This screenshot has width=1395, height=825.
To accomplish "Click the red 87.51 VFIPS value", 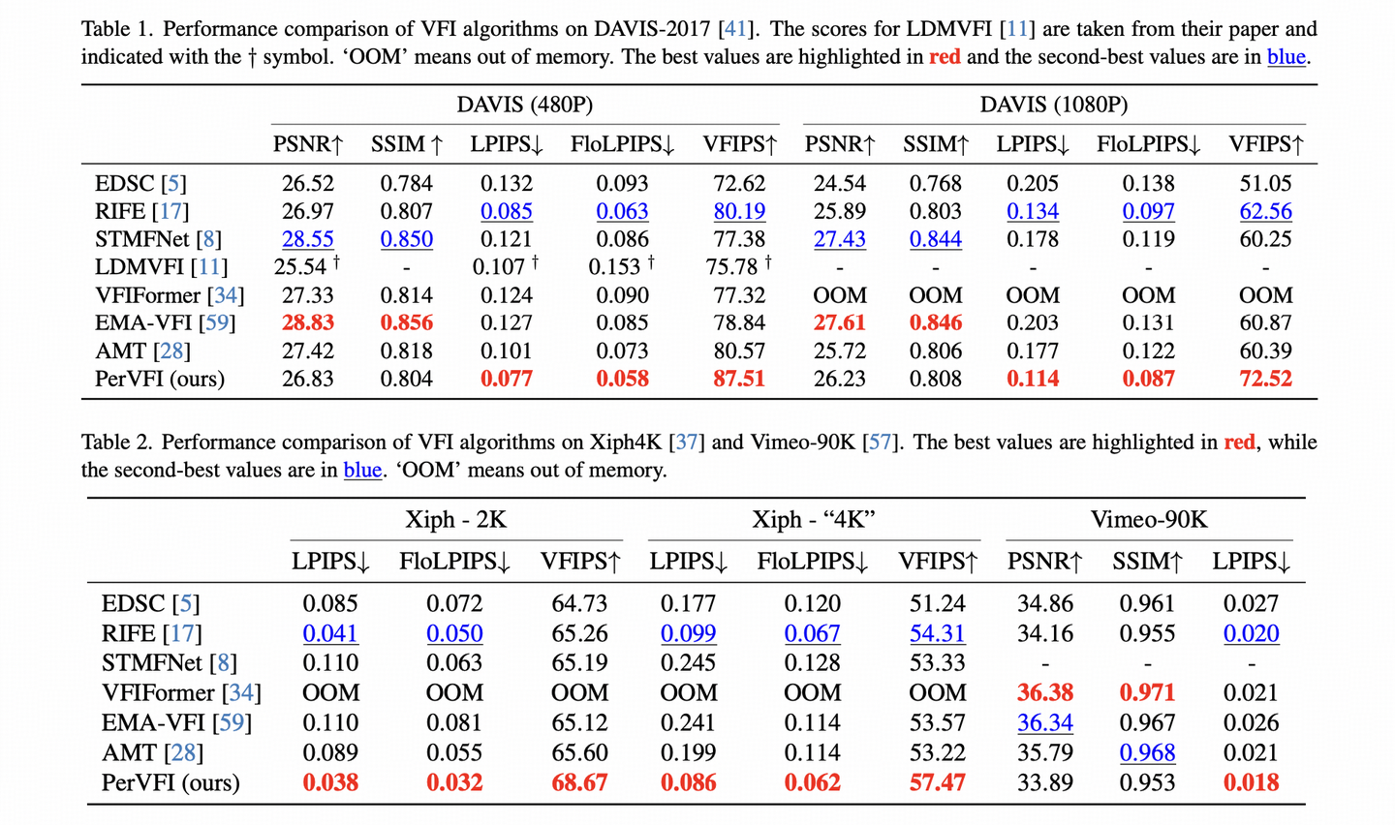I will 739,379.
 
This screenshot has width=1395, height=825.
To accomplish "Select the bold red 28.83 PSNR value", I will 308,322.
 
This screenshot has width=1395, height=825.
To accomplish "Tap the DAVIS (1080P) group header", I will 1054,105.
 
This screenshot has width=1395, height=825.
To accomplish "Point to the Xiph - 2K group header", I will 455,520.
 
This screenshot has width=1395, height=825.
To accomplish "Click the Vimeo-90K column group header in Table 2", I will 1149,520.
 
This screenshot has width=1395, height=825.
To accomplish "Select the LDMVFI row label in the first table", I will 160,267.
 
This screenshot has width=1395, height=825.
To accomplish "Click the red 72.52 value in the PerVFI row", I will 1265,379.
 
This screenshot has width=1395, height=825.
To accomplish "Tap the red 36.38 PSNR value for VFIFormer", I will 1045,693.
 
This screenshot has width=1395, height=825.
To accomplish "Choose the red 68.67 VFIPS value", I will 579,782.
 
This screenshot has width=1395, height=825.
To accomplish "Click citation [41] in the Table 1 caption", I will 735,29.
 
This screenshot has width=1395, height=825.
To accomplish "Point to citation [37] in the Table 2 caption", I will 687,443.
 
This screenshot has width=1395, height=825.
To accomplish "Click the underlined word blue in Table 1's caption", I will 1286,57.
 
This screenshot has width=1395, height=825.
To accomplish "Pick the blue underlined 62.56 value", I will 1265,211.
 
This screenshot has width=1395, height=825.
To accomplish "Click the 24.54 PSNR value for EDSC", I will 840,183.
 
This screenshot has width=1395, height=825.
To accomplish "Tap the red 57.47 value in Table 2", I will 937,782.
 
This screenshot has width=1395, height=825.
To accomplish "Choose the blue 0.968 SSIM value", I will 1147,752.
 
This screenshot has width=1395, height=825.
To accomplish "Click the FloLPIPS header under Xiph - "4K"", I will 812,562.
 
